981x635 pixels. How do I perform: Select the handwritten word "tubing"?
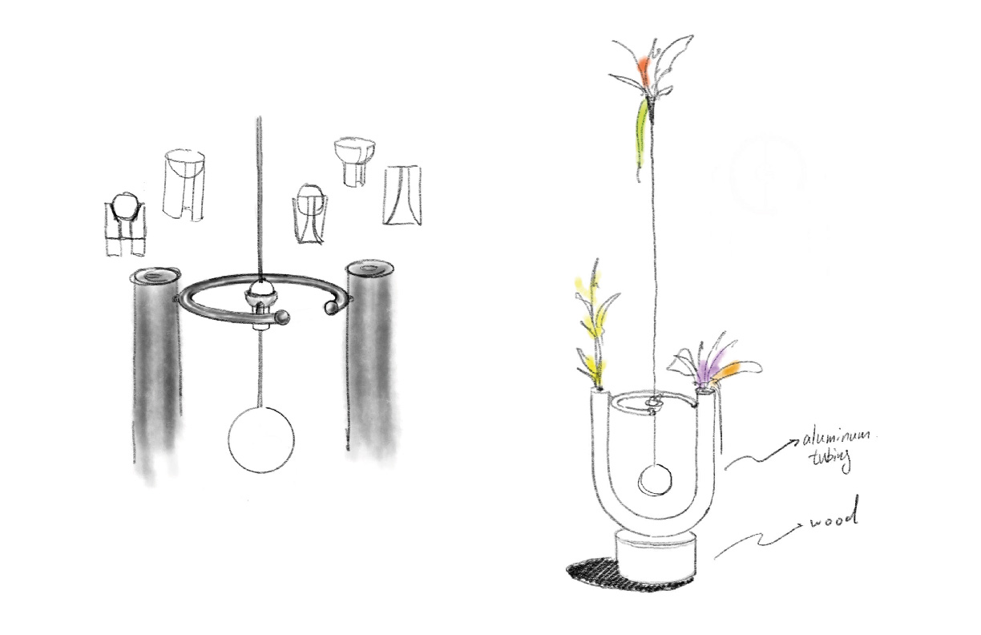click(x=832, y=460)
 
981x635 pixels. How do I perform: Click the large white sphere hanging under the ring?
click(x=261, y=439)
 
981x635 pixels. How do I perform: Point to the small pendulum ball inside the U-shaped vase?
click(x=655, y=480)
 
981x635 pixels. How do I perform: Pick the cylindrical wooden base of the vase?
click(x=655, y=556)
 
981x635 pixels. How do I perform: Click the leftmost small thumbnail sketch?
click(x=126, y=224)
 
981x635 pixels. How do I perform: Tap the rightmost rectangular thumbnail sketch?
click(x=402, y=196)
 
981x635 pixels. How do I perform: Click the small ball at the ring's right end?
click(x=332, y=308)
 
